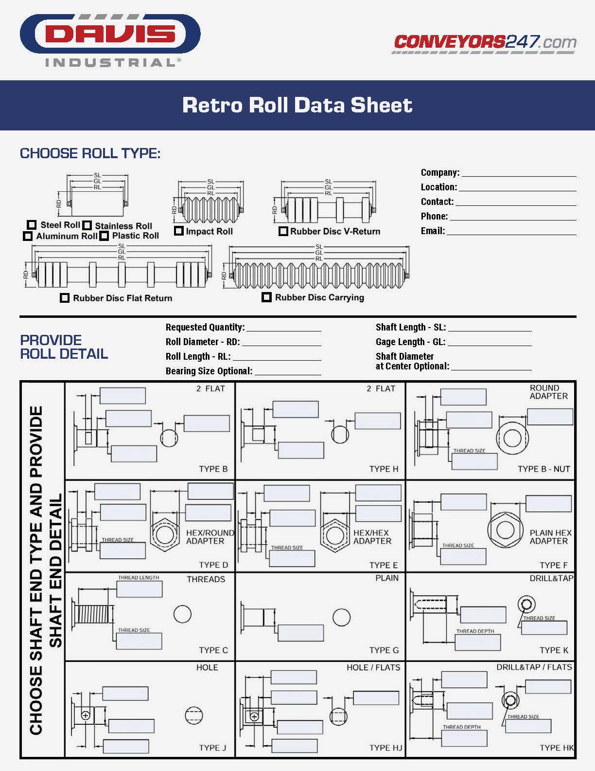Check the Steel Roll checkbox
[32, 225]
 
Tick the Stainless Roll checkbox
[87, 225]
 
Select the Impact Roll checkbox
[178, 231]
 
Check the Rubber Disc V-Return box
[283, 231]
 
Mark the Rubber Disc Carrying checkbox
[266, 297]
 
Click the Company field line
[518, 172]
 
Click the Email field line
[511, 231]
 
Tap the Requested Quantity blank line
[283, 328]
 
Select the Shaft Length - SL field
[490, 328]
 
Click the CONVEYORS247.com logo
[485, 42]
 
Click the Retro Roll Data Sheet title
[297, 105]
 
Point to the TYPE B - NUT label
[543, 469]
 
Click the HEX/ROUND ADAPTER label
[210, 537]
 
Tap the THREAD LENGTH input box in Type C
[139, 589]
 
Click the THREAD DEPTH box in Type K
[477, 642]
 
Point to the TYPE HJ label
[385, 748]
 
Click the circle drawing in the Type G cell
[341, 617]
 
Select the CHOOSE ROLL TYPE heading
[90, 153]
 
